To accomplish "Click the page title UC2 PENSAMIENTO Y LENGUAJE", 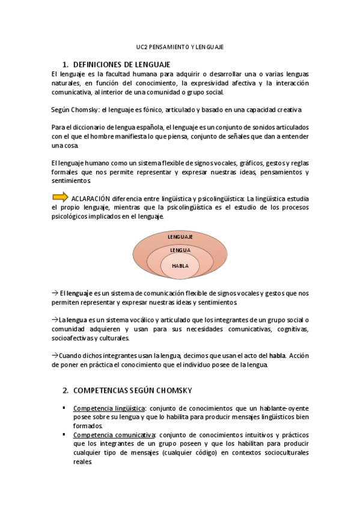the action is pos(180,46).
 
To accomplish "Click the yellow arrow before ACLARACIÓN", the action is pos(60,197).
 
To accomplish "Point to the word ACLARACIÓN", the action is pos(91,198).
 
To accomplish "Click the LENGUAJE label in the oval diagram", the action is pos(180,237).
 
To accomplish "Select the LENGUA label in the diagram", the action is pos(180,250).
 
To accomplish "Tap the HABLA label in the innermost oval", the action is pos(180,265).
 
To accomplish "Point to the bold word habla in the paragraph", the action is pos(277,355).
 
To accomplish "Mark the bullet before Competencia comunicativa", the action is pos(64,434).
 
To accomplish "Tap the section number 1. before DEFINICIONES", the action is pos(66,64).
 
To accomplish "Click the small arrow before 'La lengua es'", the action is pos(55,320).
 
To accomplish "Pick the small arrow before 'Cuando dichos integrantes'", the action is pos(55,355).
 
